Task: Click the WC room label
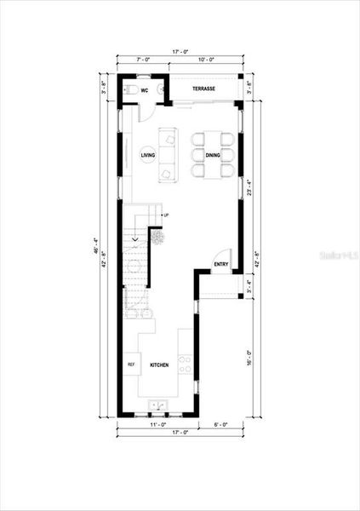(x=146, y=89)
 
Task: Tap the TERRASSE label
(x=203, y=89)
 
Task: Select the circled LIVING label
(x=147, y=155)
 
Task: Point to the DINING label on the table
(x=212, y=155)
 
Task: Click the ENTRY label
(x=221, y=264)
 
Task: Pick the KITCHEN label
(x=159, y=365)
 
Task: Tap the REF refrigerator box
(x=131, y=365)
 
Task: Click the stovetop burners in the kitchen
(x=185, y=365)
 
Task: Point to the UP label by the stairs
(x=166, y=215)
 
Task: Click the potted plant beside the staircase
(x=157, y=238)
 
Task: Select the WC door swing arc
(x=146, y=110)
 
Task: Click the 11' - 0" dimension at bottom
(x=157, y=423)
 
